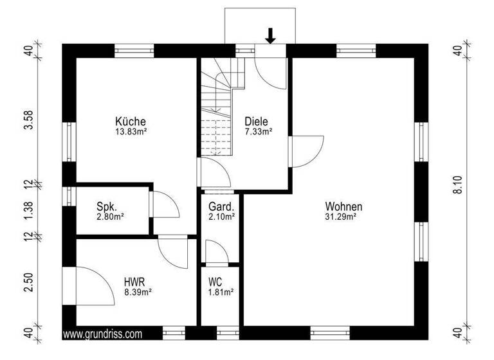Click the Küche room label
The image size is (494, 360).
(131, 121)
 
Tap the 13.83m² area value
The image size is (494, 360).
(131, 131)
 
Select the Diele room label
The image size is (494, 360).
(256, 121)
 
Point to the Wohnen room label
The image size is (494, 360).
(343, 207)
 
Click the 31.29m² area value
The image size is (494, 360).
(343, 217)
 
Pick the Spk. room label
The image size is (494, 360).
(106, 206)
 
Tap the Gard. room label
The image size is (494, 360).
(221, 207)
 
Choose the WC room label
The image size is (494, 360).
(215, 281)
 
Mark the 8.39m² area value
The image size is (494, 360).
(137, 292)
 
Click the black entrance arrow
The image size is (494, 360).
(271, 36)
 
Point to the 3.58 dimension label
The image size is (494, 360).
(28, 120)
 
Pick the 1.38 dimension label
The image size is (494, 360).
(28, 212)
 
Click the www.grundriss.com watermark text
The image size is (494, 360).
(103, 334)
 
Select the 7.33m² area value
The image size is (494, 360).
(259, 131)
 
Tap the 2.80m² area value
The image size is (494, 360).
(109, 217)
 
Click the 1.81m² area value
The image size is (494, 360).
(220, 292)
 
